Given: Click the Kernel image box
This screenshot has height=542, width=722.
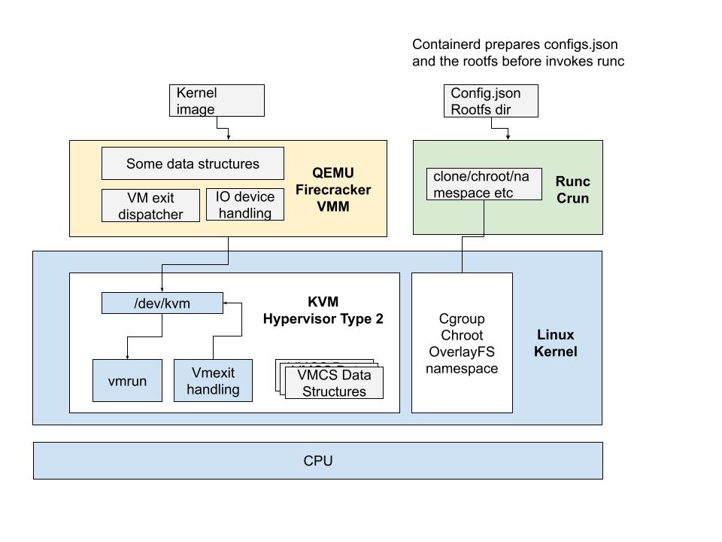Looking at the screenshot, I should [217, 100].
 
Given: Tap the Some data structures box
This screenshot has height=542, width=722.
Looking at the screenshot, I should [193, 163].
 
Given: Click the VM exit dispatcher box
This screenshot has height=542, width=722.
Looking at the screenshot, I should [150, 206].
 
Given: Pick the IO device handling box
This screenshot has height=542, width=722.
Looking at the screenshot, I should [245, 205].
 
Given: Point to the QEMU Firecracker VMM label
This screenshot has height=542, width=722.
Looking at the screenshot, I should [334, 190].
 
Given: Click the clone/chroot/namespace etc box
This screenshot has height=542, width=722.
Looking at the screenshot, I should [484, 184].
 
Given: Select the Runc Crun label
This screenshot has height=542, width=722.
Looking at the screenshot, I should [572, 190].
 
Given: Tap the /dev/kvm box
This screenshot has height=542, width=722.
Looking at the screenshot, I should [162, 303].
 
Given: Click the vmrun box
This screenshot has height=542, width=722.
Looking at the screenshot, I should [127, 381].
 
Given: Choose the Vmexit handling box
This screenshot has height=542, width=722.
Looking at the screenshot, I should [213, 381].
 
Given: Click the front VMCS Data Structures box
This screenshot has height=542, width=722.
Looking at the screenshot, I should [334, 383].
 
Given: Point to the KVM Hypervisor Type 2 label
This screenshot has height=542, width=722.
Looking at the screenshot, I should [323, 311].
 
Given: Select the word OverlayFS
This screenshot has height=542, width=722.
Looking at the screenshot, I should [462, 352].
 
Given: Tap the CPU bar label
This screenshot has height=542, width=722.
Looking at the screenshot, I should [317, 461].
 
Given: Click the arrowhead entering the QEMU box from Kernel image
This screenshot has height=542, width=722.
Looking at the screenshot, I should [228, 137].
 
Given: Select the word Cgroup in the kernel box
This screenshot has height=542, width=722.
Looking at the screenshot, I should [462, 319].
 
